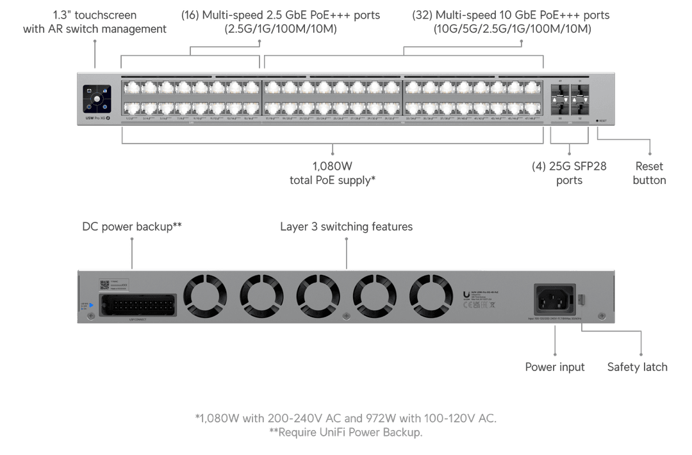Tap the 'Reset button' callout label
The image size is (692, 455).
tap(649, 173)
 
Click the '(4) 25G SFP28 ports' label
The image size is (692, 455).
tap(569, 173)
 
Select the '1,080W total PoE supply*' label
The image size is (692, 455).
tap(333, 173)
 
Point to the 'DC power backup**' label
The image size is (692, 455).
tap(133, 227)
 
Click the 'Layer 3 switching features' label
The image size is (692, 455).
tap(346, 227)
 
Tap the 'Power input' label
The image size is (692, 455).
tap(555, 367)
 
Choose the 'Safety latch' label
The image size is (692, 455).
tap(637, 367)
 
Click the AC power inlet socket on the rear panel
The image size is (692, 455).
tap(555, 299)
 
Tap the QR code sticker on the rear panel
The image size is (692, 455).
tap(106, 285)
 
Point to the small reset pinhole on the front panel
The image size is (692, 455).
tap(597, 120)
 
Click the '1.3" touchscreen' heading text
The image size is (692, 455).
tap(95, 15)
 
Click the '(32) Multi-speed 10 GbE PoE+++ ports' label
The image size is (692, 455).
tap(511, 15)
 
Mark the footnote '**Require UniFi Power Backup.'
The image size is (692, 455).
tap(346, 433)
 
